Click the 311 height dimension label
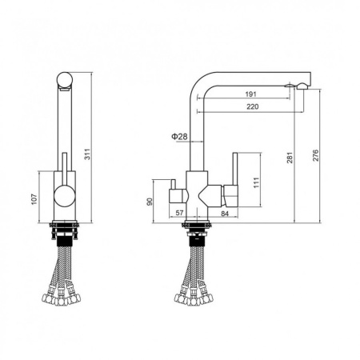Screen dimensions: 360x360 (87, 154)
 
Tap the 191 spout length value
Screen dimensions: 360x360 (250, 94)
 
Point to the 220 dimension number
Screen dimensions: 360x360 (253, 106)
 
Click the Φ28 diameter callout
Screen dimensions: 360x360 (179, 137)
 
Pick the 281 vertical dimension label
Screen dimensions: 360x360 (290, 158)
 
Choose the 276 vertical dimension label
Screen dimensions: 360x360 (315, 155)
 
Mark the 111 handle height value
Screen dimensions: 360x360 (256, 182)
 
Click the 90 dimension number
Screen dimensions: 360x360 (150, 202)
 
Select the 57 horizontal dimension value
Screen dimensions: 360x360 (179, 213)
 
